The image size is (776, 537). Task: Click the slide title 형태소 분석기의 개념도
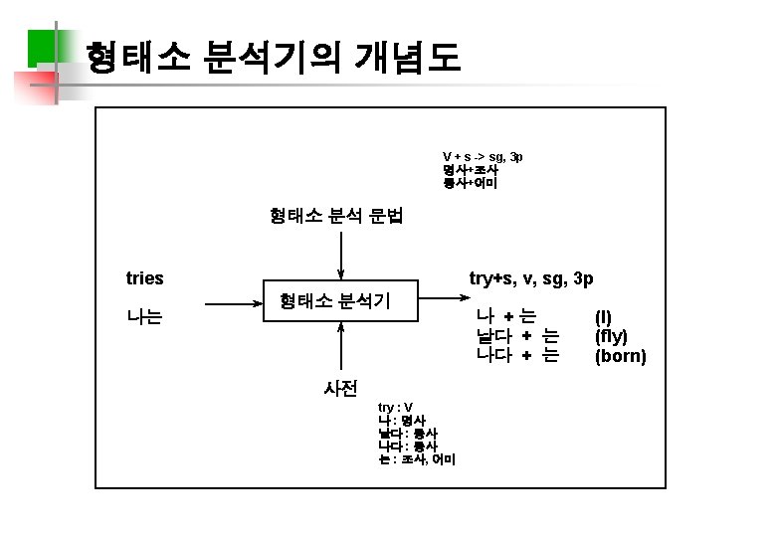coord(273,59)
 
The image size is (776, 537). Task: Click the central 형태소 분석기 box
coord(334,299)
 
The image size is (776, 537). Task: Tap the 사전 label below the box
coord(340,388)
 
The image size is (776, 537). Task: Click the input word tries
coord(145,278)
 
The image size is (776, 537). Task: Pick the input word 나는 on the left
coord(145,318)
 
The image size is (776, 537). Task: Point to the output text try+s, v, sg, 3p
coord(531,278)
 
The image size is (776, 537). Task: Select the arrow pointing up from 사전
coord(340,348)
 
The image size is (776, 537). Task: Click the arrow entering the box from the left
coord(231,299)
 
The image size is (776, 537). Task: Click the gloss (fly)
coord(611,336)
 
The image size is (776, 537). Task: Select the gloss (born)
coord(620,355)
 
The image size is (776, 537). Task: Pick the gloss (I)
coord(603,317)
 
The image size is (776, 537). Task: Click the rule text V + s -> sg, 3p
coord(483,157)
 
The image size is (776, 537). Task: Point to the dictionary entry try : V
coord(395,408)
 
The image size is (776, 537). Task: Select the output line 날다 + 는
coord(517,336)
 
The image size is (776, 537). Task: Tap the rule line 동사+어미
coord(471,183)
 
